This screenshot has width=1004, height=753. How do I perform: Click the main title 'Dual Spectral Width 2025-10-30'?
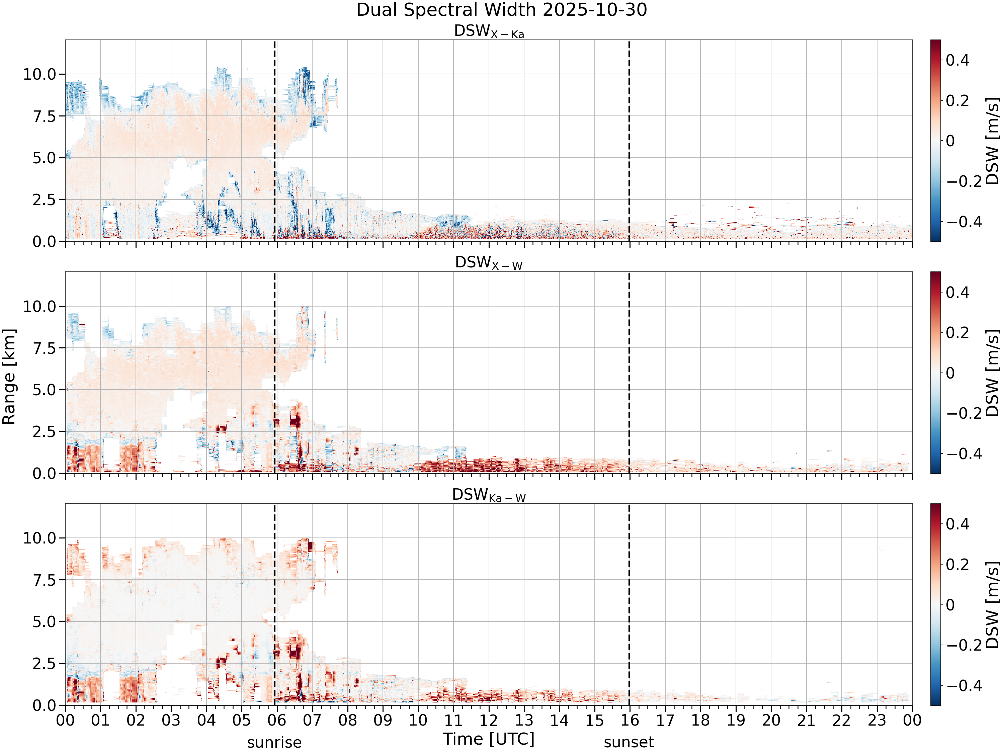[x=502, y=10]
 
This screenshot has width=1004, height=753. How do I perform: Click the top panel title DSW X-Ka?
[x=489, y=31]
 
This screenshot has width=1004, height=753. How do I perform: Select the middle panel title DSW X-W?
[x=489, y=263]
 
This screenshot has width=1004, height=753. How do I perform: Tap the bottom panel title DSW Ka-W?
[x=489, y=495]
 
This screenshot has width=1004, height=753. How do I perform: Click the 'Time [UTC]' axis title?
[x=489, y=739]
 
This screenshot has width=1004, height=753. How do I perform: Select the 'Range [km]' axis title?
[x=9, y=377]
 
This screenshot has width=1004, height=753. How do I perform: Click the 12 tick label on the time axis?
[x=489, y=720]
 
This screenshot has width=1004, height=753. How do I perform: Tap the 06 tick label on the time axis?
[x=277, y=720]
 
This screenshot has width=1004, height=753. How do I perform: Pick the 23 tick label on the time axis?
[x=877, y=720]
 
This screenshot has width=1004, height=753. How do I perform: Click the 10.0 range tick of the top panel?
[x=39, y=74]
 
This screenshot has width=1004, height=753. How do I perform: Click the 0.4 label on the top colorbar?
[x=957, y=60]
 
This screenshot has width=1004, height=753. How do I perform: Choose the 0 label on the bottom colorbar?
[x=950, y=605]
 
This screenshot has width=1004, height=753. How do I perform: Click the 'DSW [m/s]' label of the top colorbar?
[x=993, y=141]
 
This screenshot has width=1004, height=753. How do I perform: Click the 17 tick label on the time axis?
[x=665, y=720]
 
